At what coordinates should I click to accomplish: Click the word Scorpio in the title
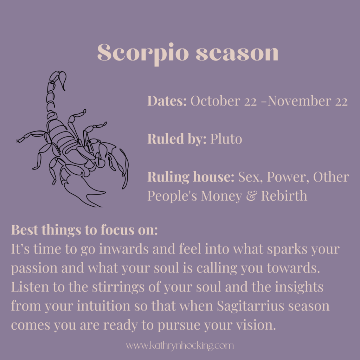[x=143, y=53]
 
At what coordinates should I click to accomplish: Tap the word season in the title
[x=237, y=53]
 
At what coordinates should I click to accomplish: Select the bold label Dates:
[x=167, y=101]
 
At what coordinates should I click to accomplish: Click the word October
[x=215, y=101]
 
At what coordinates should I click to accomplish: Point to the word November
[x=300, y=101]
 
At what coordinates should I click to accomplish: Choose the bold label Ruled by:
[x=177, y=139]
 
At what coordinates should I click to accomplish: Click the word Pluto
[x=226, y=139]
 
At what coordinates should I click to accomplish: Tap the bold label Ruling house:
[x=191, y=177]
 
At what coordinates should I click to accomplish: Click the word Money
[x=221, y=196]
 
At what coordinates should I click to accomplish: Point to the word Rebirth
[x=284, y=196]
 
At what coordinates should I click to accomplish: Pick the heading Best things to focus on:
[x=84, y=230]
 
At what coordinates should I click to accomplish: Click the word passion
[x=34, y=268]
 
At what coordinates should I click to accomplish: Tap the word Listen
[x=30, y=287]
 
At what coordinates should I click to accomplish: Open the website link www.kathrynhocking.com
[x=180, y=346]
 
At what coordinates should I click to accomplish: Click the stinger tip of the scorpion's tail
[x=65, y=91]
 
